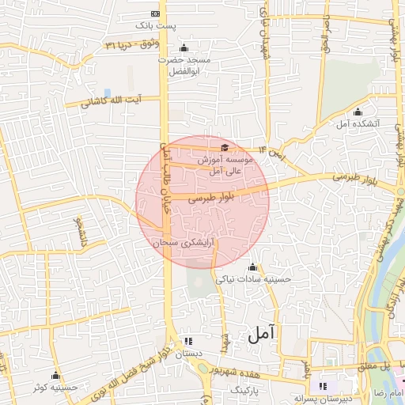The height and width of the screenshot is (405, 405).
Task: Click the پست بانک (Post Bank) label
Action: tap(154, 25)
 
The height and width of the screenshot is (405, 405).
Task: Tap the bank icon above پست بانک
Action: tap(154, 14)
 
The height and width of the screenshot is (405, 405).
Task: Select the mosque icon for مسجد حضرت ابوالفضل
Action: tap(184, 47)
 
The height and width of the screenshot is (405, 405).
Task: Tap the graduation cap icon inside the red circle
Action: tap(225, 147)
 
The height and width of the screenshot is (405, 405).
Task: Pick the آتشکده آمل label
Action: tap(358, 123)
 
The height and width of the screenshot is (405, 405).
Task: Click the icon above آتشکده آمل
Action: tap(358, 112)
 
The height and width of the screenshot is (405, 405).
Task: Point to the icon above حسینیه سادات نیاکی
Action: tap(253, 267)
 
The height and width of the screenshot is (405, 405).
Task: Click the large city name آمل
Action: tap(263, 335)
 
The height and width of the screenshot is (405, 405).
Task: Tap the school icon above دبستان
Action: tap(188, 340)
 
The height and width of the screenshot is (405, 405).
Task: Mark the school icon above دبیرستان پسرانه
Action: tap(322, 386)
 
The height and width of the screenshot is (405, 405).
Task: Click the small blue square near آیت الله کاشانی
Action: tap(108, 93)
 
